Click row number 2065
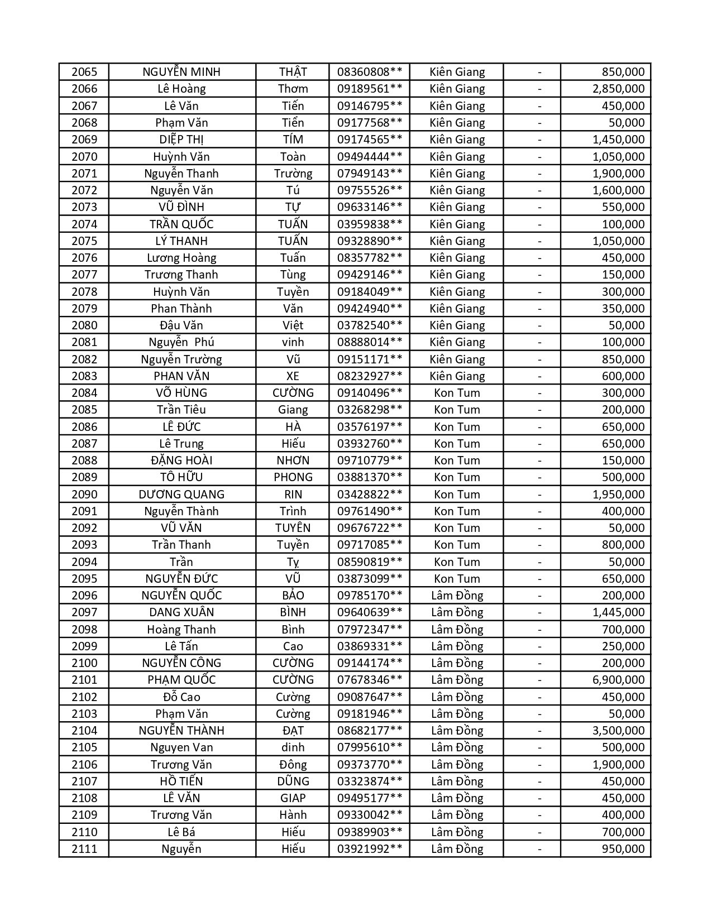[x=84, y=72]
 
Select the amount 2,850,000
[x=618, y=89]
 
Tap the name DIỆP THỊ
[x=181, y=140]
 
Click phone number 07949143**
[x=369, y=174]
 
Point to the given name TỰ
[x=293, y=207]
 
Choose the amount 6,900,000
[x=618, y=680]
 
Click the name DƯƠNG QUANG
[x=181, y=495]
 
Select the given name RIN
[x=293, y=495]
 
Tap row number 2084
[x=84, y=393]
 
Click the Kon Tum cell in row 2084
[x=457, y=393]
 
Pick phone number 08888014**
[x=369, y=342]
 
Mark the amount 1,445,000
[x=618, y=612]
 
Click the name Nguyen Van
[x=181, y=747]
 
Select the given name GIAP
[x=293, y=798]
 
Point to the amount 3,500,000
[x=618, y=731]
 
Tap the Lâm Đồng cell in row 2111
[x=457, y=849]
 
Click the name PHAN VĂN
[x=181, y=376]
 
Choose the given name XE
[x=293, y=376]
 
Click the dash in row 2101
[x=539, y=680]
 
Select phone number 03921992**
[x=369, y=849]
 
